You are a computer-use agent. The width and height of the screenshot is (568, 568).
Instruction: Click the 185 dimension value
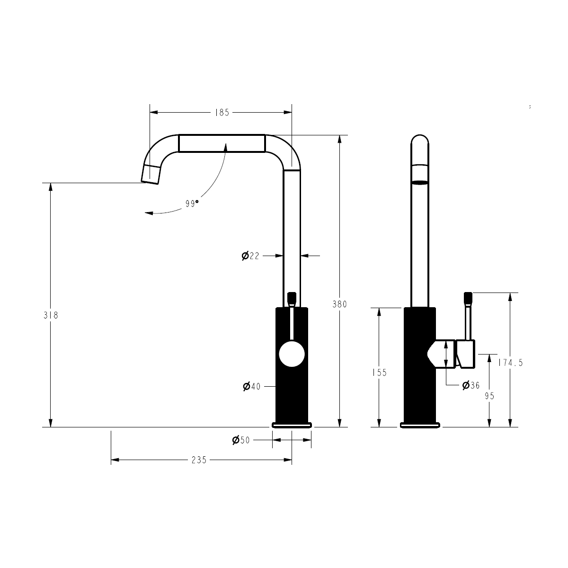coord(222,113)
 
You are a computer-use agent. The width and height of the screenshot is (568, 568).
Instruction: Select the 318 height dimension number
coord(51,315)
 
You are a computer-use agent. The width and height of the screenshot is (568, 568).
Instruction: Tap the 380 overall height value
coord(339,304)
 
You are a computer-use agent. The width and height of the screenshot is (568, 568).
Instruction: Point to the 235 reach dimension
coord(199,460)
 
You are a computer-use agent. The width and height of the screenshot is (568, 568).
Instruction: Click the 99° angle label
coord(192,204)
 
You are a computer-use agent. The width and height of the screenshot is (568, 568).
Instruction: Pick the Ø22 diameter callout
coord(250,256)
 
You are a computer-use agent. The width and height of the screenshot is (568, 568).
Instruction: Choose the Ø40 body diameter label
coord(252,386)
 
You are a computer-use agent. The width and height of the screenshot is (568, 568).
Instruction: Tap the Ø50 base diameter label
coord(241,440)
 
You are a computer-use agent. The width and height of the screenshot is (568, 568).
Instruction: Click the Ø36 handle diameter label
coord(471,385)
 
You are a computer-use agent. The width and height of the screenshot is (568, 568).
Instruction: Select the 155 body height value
coord(379,373)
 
